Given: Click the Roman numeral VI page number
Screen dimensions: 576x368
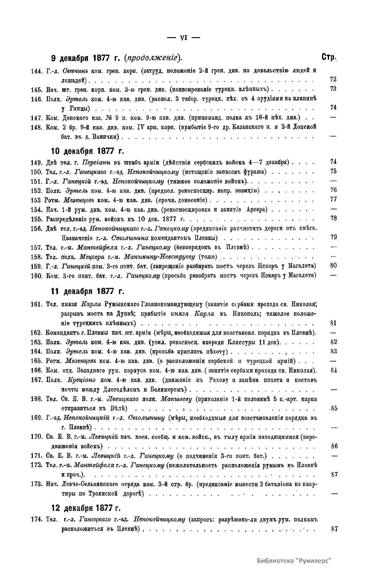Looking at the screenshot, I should [183, 38].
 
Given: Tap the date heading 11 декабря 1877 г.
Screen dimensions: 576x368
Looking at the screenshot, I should [87, 291].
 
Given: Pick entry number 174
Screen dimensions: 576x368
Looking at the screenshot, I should [36, 519].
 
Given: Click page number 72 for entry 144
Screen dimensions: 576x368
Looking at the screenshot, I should [333, 79].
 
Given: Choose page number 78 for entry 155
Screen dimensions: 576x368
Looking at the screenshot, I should [334, 218].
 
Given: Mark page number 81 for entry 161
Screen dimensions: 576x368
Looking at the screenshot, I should [334, 323].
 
